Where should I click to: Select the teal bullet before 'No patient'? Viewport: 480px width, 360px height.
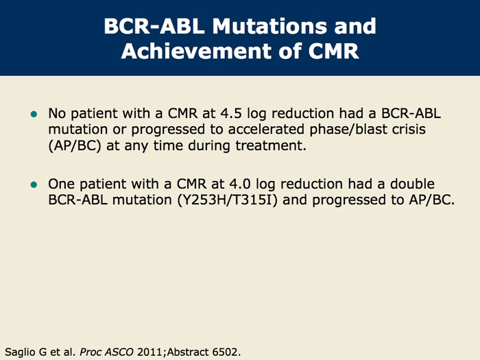pos(34,115)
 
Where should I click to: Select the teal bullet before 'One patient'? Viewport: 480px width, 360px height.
pos(34,184)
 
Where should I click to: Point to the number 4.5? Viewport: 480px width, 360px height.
pos(231,113)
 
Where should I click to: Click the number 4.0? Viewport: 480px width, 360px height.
pos(240,184)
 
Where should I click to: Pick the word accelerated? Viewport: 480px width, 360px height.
pos(266,129)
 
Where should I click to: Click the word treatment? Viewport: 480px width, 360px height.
pos(271,145)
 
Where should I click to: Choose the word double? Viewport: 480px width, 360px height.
pos(412,184)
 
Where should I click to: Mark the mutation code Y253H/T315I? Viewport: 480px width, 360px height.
pos(228,200)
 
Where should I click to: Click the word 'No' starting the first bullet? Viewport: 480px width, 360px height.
pos(57,113)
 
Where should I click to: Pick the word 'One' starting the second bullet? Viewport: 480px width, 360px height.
pos(61,184)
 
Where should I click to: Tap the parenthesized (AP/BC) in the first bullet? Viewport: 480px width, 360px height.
pos(75,145)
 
